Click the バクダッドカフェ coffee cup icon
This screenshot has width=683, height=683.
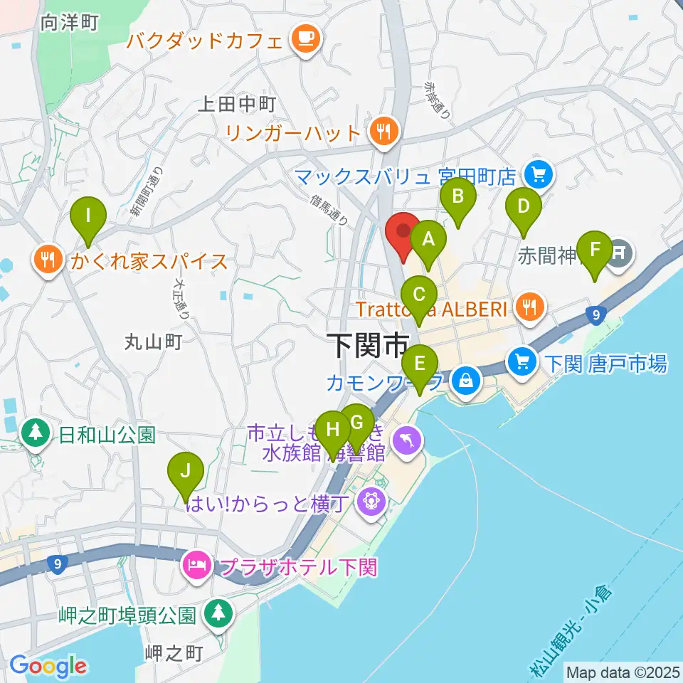coord(307,39)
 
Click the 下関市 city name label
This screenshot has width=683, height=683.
coord(368,346)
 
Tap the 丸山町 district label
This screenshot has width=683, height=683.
coord(154,343)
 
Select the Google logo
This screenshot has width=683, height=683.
coord(48,666)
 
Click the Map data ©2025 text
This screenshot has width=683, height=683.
coord(622,672)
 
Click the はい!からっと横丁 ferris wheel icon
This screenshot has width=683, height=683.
coord(372,502)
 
